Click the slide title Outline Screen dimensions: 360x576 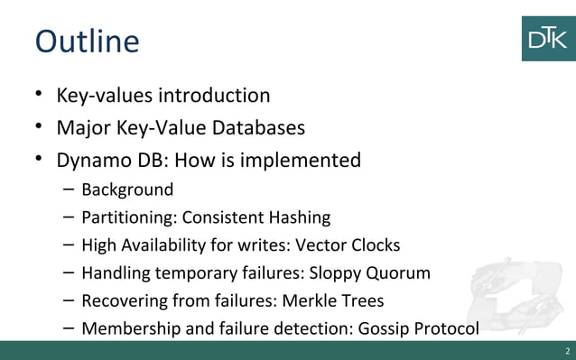[x=87, y=42]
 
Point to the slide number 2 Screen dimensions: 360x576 [x=566, y=351]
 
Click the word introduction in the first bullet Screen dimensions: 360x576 [x=214, y=95]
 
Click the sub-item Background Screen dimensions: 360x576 [x=127, y=190]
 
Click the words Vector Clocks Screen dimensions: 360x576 [x=346, y=245]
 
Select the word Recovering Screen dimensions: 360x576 [x=124, y=300]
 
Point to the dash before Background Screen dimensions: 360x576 [x=70, y=190]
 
